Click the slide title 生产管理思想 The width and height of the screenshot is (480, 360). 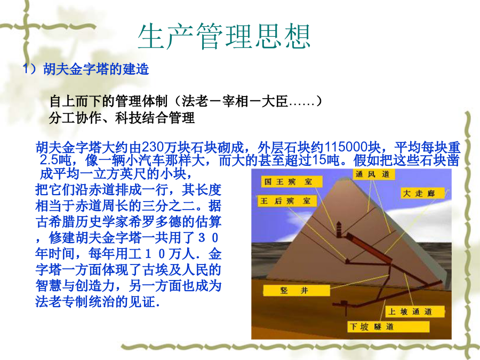tap(224, 36)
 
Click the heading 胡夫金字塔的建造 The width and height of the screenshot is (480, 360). tap(96, 69)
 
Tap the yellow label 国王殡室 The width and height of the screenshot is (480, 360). tap(291, 181)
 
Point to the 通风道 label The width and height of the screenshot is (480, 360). tap(374, 174)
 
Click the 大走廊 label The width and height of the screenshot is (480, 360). tap(422, 193)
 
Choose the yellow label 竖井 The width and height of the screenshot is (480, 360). tap(296, 290)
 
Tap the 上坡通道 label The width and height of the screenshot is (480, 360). tap(414, 311)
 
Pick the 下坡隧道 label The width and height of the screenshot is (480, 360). tap(388, 326)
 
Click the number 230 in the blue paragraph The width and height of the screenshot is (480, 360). tap(153, 147)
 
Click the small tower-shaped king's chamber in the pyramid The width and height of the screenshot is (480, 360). tap(339, 229)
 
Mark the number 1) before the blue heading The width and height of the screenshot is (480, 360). tap(30, 69)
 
